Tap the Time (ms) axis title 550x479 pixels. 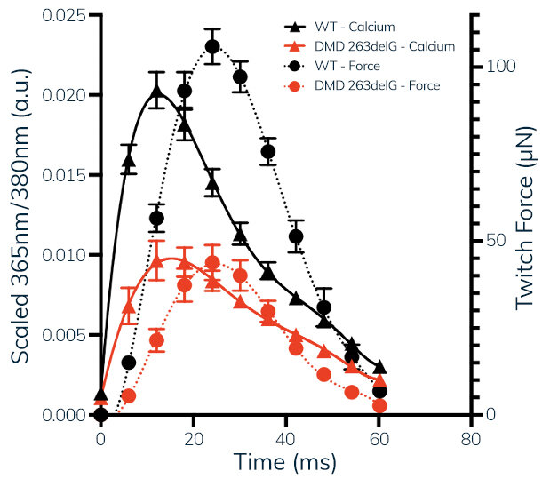click(x=285, y=462)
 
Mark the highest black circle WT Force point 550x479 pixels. click(x=212, y=47)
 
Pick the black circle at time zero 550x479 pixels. click(x=100, y=414)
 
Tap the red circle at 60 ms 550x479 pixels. click(x=380, y=405)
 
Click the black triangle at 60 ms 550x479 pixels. click(x=380, y=368)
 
